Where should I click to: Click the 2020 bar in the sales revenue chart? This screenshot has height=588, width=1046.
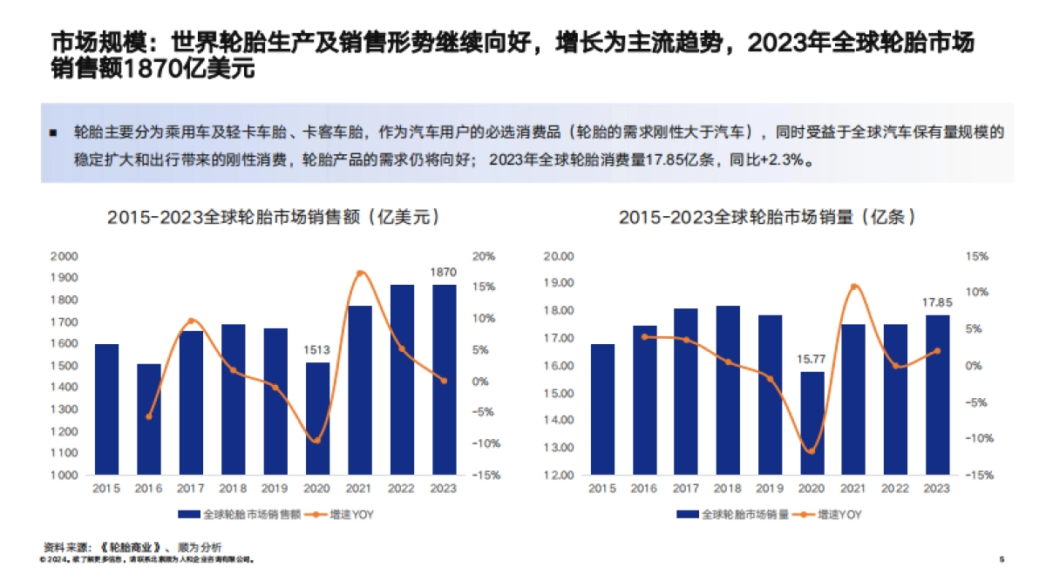pyautogui.click(x=317, y=418)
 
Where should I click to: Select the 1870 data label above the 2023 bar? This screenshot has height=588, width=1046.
pyautogui.click(x=443, y=273)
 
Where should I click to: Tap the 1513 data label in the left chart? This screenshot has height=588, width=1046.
pyautogui.click(x=317, y=350)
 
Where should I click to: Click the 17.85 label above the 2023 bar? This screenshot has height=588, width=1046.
pyautogui.click(x=937, y=302)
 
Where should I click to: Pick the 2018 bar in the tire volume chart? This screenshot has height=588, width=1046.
pyautogui.click(x=729, y=390)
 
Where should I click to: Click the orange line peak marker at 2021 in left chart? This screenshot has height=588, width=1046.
pyautogui.click(x=359, y=274)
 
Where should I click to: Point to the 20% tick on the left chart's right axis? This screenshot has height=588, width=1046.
pyautogui.click(x=486, y=256)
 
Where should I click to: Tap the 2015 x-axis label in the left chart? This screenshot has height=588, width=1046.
pyautogui.click(x=107, y=488)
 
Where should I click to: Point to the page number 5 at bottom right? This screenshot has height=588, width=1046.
pyautogui.click(x=1002, y=559)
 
